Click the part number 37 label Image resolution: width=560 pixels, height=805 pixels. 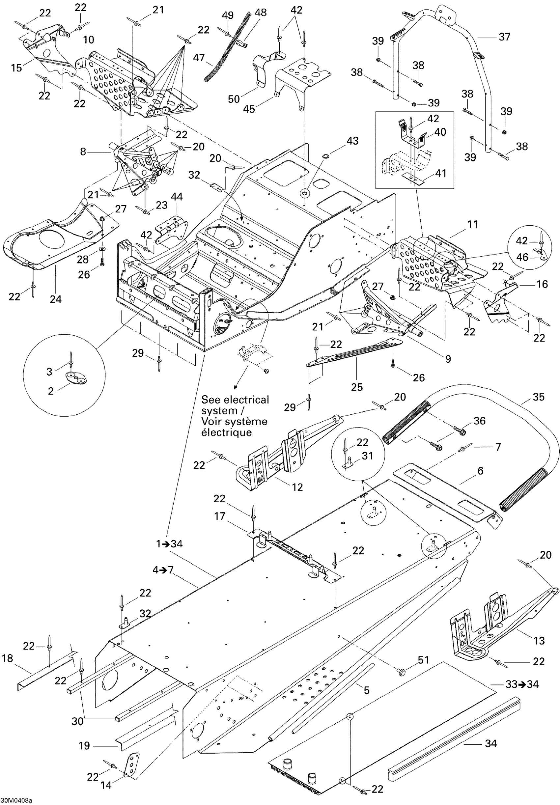pos(504,37)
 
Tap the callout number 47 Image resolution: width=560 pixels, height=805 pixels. pos(199,58)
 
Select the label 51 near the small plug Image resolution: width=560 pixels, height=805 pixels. pos(423,660)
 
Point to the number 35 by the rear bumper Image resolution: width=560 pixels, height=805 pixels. pos(538,397)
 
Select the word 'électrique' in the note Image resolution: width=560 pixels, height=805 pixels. pos(226,432)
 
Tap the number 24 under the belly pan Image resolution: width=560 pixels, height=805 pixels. pos(55,299)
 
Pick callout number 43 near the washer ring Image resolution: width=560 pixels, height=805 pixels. pos(352,141)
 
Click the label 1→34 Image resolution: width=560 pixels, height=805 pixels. pos(169,544)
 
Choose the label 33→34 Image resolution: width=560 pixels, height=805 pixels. pos(522,684)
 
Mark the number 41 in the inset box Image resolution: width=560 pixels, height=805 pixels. pos(440,173)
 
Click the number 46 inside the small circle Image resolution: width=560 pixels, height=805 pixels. pos(522,257)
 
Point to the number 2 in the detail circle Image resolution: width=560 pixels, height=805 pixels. pos(50,391)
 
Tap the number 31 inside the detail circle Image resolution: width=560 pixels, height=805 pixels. pos(367,456)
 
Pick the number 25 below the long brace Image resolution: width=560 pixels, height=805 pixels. pos(357,387)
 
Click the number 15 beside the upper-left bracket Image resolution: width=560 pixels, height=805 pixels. pos(16,68)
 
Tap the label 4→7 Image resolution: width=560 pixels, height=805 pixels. pos(163,570)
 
